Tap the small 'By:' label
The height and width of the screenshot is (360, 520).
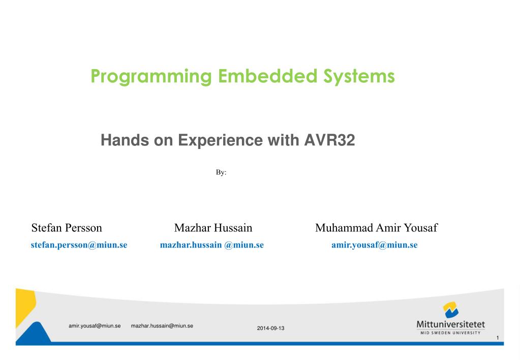(221, 173)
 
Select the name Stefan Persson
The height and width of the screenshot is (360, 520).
(67, 228)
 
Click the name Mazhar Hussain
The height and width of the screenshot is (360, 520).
(213, 228)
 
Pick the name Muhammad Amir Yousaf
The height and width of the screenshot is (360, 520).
(376, 228)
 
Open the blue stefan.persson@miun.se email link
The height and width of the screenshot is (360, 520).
(79, 245)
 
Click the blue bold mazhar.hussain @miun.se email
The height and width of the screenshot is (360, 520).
(212, 245)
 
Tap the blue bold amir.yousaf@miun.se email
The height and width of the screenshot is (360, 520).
(375, 245)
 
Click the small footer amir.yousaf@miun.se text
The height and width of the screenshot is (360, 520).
(95, 326)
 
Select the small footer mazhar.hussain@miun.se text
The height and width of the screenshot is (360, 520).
(162, 326)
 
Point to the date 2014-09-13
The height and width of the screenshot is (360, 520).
(271, 328)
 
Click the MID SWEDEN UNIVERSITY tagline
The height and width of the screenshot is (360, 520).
(450, 333)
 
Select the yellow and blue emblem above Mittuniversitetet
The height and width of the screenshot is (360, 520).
(450, 310)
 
